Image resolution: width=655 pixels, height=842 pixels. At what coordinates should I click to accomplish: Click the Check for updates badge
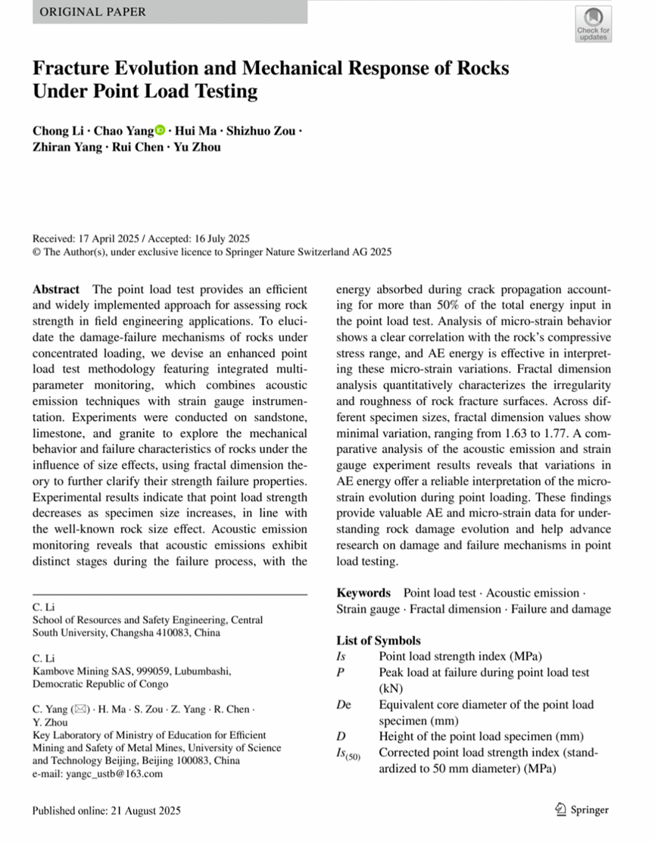click(593, 23)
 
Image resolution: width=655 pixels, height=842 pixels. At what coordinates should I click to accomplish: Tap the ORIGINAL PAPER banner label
click(92, 12)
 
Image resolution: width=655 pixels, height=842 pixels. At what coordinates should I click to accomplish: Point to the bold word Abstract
click(56, 289)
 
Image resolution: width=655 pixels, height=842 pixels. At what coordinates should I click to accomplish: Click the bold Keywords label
click(363, 593)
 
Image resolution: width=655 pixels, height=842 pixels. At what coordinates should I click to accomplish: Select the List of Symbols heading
click(378, 641)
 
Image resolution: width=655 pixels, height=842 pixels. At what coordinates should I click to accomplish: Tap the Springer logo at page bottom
click(582, 810)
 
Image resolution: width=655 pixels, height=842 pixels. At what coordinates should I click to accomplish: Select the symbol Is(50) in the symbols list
click(348, 753)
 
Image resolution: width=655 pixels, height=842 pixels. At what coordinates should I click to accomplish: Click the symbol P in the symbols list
click(340, 672)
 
